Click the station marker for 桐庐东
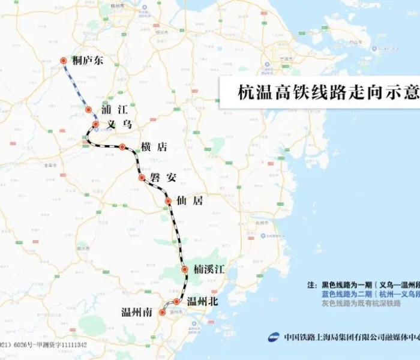[63, 61]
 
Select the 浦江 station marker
[88, 110]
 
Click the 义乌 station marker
[95, 124]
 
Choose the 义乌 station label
[119, 124]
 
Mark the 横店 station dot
[122, 147]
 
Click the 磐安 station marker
[142, 178]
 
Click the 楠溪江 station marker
[185, 269]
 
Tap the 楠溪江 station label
[209, 269]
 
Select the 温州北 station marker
[176, 302]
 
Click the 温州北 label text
[202, 302]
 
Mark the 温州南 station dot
[162, 313]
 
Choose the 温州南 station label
[136, 313]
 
